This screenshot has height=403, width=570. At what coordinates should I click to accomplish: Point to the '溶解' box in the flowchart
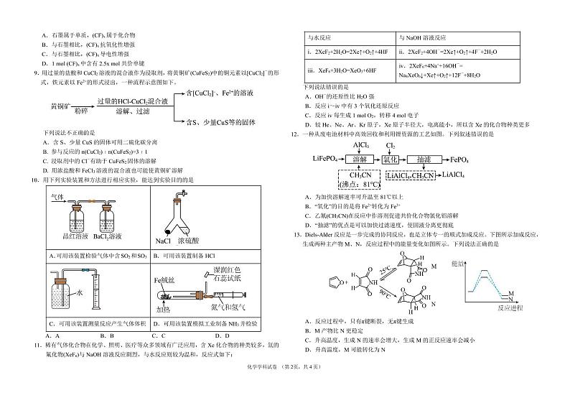[359, 158]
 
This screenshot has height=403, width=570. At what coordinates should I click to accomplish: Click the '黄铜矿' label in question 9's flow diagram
[41, 106]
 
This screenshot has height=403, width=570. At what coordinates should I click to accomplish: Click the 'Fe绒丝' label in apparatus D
[164, 277]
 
